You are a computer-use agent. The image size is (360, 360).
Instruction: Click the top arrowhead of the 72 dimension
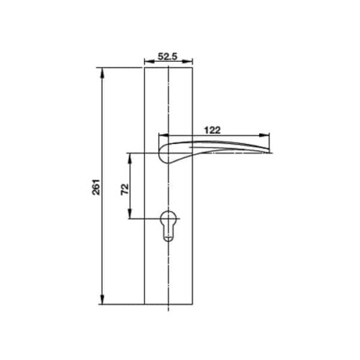pyautogui.click(x=130, y=156)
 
